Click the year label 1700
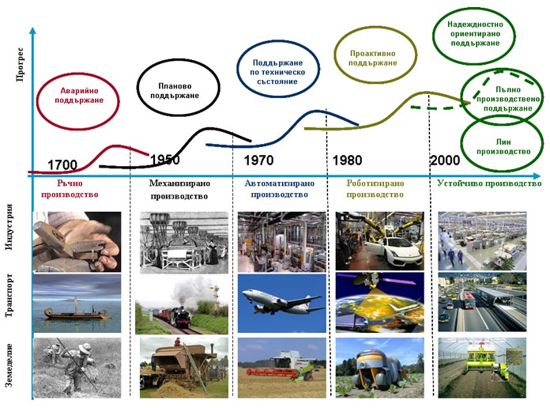click(62, 164)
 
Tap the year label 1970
click(258, 161)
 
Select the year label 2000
click(445, 161)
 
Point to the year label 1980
click(347, 161)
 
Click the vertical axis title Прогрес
click(20, 65)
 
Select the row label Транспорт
click(9, 296)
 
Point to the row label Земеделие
click(9, 365)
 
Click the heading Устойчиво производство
click(489, 183)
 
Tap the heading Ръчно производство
click(70, 189)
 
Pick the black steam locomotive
click(181, 317)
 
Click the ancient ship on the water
click(75, 312)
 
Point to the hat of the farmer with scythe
click(85, 348)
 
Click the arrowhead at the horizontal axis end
click(537, 176)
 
